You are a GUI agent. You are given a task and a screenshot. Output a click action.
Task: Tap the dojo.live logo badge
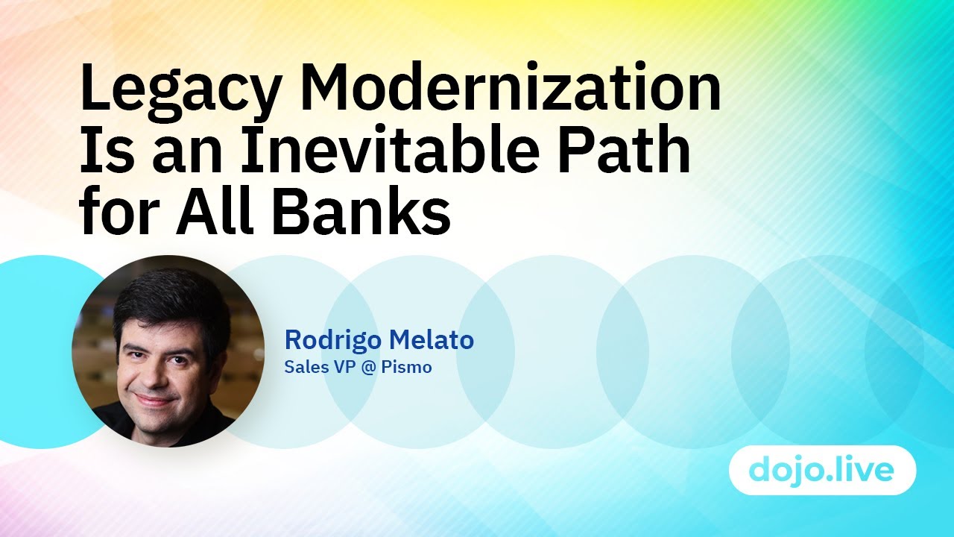pyautogui.click(x=822, y=471)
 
